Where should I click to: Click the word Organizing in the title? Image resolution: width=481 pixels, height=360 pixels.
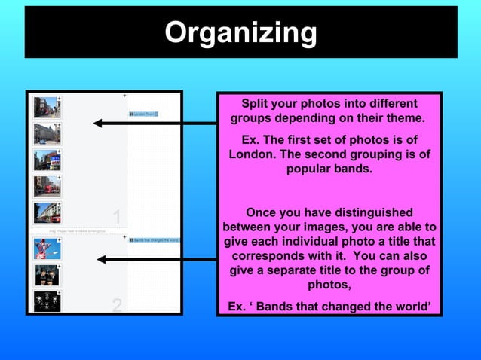coord(240,32)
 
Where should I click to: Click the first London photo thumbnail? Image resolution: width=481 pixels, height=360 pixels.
coord(46,107)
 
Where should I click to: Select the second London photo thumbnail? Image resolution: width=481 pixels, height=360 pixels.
coord(46,133)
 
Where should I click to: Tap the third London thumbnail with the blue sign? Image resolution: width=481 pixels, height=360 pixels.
coord(46,160)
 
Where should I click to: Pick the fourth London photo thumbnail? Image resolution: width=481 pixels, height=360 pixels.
coord(46,186)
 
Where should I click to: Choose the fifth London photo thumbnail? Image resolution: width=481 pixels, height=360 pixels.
coord(46,212)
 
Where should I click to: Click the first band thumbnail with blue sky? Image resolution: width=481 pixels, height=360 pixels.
coord(46,249)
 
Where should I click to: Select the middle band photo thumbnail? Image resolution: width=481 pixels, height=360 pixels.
coord(46,275)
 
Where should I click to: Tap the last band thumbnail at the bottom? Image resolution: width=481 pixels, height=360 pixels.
coord(46,301)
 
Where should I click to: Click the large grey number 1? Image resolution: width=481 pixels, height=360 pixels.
coord(117,217)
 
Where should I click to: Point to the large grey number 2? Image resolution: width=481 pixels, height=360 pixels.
coord(117,305)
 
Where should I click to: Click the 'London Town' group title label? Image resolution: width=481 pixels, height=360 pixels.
coord(142,114)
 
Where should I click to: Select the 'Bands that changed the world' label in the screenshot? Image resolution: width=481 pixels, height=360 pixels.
coord(155,240)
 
